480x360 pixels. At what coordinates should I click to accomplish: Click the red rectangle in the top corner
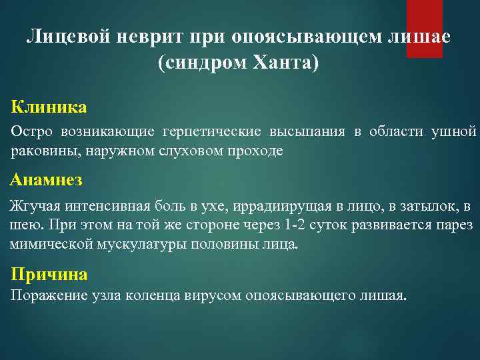click(425, 28)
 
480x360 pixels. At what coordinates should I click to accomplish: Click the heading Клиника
click(49, 107)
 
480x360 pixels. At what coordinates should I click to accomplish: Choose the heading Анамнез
click(47, 179)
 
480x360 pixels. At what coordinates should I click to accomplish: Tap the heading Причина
click(49, 274)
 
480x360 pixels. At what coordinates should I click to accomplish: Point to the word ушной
click(454, 131)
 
